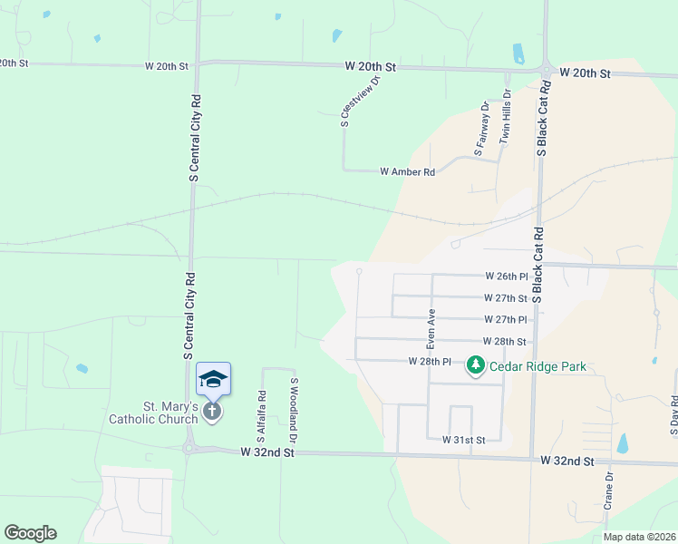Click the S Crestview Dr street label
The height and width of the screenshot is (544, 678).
(359, 101)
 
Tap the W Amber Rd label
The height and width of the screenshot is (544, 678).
(407, 171)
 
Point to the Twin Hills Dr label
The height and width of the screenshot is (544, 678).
(506, 117)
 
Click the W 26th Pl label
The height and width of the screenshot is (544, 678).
(506, 276)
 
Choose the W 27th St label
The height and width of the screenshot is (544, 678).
(506, 297)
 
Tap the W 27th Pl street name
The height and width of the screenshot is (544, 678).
(506, 319)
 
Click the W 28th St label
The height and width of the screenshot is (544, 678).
(506, 342)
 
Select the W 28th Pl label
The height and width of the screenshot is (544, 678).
(430, 361)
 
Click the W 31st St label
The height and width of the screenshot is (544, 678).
(464, 440)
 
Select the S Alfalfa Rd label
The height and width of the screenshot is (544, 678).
(261, 417)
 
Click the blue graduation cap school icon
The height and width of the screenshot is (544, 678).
(213, 378)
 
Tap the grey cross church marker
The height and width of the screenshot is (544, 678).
(212, 413)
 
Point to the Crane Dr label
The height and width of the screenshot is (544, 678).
(609, 490)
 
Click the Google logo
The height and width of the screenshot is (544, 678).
(30, 533)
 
